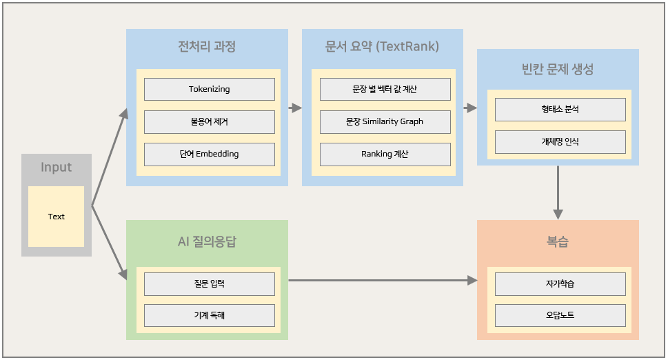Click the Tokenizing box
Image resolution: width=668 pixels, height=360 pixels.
[209, 89]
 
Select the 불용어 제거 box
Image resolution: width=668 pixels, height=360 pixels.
[209, 121]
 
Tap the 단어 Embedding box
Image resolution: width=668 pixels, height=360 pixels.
[209, 154]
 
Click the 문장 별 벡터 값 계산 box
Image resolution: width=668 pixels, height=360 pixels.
[385, 89]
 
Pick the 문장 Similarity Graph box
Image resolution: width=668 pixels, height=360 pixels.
[385, 121]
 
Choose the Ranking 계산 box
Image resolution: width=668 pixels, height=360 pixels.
[385, 154]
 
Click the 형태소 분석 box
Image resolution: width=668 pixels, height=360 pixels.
[560, 109]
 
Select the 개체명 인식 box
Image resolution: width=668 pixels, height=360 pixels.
[560, 141]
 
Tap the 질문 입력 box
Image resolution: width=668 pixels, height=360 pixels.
[209, 283]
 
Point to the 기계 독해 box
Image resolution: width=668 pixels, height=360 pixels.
[209, 315]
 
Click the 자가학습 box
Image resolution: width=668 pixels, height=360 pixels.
[560, 283]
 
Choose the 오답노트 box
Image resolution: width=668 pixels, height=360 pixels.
[560, 315]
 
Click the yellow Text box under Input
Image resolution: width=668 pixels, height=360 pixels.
[57, 217]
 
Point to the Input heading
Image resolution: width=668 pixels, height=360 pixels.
[57, 168]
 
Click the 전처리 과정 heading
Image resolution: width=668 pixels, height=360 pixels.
[207, 47]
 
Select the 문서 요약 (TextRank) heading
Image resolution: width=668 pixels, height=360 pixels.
[382, 47]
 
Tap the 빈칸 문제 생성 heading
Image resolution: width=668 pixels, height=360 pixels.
[558, 69]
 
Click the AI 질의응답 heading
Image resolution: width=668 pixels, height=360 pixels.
[207, 241]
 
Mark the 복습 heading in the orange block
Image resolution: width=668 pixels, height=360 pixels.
[558, 241]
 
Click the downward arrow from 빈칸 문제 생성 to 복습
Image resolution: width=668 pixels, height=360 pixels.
[558, 192]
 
